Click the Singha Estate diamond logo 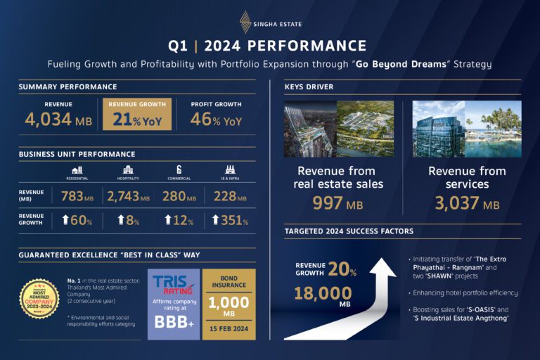pyautogui.click(x=245, y=22)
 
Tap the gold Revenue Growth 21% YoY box pyautogui.click(x=138, y=114)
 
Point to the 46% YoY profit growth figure pyautogui.click(x=216, y=120)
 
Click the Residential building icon pyautogui.click(x=77, y=169)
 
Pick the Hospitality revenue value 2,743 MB pyautogui.click(x=129, y=197)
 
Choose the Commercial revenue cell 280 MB pyautogui.click(x=179, y=197)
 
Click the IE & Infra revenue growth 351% pyautogui.click(x=230, y=220)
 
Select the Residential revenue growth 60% pyautogui.click(x=77, y=220)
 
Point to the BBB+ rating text pyautogui.click(x=172, y=323)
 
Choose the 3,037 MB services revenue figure pyautogui.click(x=468, y=204)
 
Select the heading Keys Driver pyautogui.click(x=309, y=87)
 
